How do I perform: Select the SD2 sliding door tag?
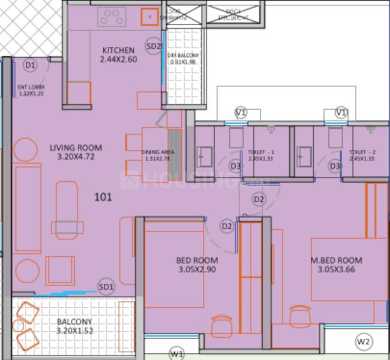click(154, 46)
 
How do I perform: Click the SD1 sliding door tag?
click(106, 287)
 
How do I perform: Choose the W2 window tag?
click(364, 341)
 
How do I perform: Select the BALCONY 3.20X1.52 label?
click(75, 326)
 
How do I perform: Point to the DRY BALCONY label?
click(183, 59)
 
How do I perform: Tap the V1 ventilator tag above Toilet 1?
click(241, 112)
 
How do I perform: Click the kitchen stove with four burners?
click(112, 17)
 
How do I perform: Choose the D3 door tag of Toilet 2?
click(334, 166)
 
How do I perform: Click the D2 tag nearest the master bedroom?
click(259, 199)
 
